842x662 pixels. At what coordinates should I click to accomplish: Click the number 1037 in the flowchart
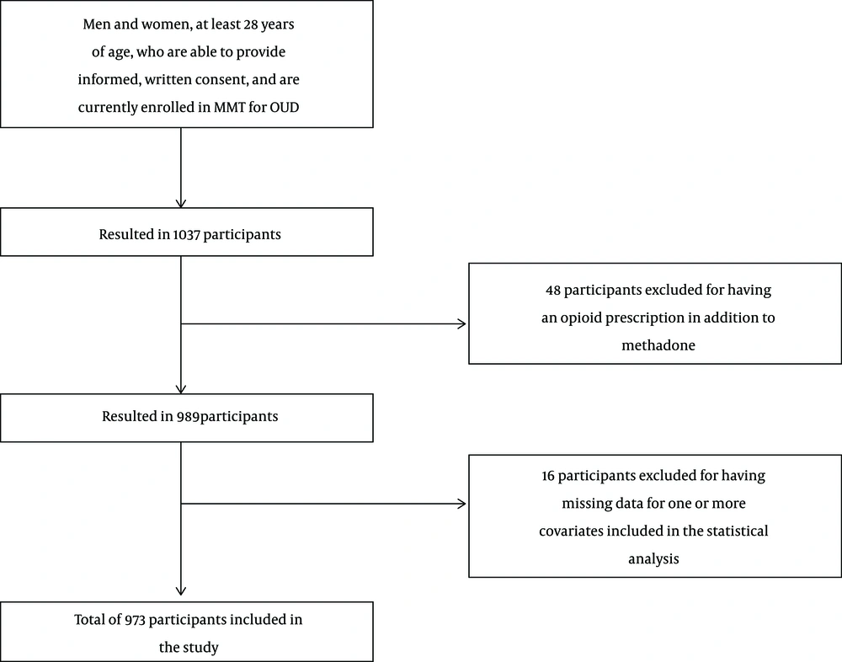(x=186, y=235)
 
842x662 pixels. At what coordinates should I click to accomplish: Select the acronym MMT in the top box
(x=229, y=108)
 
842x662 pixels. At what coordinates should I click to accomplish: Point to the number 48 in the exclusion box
(x=553, y=291)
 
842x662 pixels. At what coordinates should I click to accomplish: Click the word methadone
(x=658, y=345)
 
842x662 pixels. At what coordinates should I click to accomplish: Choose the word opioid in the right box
(x=579, y=318)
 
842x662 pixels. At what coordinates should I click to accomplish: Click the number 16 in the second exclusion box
(x=548, y=476)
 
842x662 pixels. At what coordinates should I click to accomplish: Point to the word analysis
(x=653, y=559)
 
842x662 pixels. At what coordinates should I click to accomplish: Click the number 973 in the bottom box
(x=136, y=620)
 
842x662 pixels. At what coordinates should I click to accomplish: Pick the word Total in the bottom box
(x=90, y=620)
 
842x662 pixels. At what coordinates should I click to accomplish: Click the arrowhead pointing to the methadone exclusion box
(x=461, y=323)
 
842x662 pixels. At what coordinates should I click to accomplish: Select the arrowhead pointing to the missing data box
(x=461, y=504)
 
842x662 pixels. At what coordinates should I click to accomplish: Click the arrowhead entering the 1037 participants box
(x=181, y=203)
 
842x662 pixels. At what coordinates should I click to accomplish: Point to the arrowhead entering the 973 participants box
(x=181, y=590)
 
